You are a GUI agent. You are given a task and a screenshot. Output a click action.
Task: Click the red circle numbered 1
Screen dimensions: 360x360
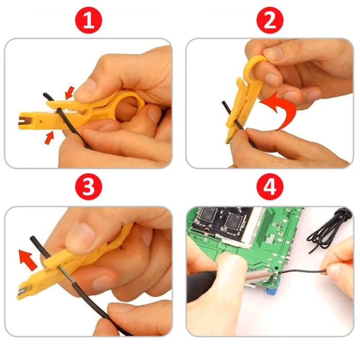click(88, 20)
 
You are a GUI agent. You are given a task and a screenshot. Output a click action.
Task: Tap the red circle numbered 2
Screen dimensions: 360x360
click(270, 20)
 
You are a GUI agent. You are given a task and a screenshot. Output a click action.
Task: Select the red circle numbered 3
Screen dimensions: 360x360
click(88, 186)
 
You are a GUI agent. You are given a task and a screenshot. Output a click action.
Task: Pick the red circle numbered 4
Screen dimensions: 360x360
click(270, 186)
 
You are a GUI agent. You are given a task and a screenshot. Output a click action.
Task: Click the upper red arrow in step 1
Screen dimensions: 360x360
click(69, 93)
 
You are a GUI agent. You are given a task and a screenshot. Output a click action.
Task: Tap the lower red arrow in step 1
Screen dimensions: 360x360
click(49, 138)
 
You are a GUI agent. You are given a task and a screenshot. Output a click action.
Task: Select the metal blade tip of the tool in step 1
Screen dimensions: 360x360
click(23, 120)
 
